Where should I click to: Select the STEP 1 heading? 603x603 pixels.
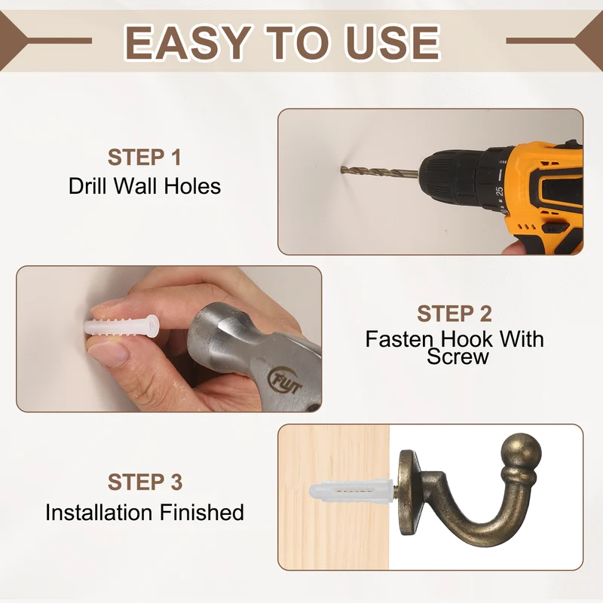point(144,158)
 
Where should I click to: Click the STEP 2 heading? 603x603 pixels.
point(455,314)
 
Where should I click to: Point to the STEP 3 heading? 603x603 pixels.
point(145,482)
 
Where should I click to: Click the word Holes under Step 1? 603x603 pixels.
point(192,186)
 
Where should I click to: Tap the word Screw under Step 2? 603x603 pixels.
point(458,357)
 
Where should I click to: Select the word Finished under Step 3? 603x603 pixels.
point(202,513)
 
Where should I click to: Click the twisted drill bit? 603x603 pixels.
point(380,172)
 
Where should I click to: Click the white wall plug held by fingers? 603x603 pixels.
point(121,326)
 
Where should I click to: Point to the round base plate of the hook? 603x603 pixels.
point(409,492)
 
